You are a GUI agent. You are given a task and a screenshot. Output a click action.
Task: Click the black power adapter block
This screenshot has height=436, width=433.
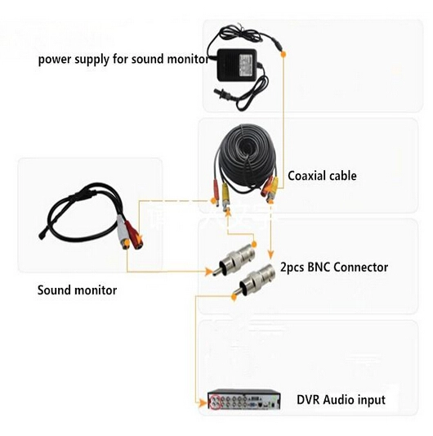pyautogui.click(x=237, y=65)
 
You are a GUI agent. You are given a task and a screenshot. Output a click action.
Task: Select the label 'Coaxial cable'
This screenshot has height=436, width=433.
pyautogui.click(x=322, y=176)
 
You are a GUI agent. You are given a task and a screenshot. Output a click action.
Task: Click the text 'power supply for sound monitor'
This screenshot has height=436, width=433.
pyautogui.click(x=123, y=60)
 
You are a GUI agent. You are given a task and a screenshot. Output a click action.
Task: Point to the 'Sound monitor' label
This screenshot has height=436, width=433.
pyautogui.click(x=78, y=290)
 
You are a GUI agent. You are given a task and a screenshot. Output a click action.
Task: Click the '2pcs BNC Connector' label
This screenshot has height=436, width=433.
pyautogui.click(x=334, y=267)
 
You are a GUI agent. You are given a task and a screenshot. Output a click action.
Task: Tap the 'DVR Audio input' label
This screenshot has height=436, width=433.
pyautogui.click(x=341, y=400)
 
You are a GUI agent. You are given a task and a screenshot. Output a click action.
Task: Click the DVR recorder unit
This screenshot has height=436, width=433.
pyautogui.click(x=244, y=399)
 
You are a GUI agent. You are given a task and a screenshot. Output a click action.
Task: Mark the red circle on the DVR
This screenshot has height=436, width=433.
pyautogui.click(x=215, y=402)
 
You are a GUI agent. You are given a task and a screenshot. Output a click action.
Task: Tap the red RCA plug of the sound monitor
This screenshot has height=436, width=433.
pyautogui.click(x=134, y=235)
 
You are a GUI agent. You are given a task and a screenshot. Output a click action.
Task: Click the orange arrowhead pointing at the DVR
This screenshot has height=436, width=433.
pyautogui.click(x=203, y=402)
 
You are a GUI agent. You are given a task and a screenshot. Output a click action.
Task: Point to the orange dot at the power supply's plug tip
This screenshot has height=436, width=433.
pyautogui.click(x=283, y=54)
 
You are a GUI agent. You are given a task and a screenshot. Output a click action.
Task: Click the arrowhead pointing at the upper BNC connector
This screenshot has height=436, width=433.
pyautogui.click(x=208, y=272)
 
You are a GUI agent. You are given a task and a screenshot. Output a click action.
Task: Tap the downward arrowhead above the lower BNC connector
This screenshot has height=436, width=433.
pyautogui.click(x=270, y=254)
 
